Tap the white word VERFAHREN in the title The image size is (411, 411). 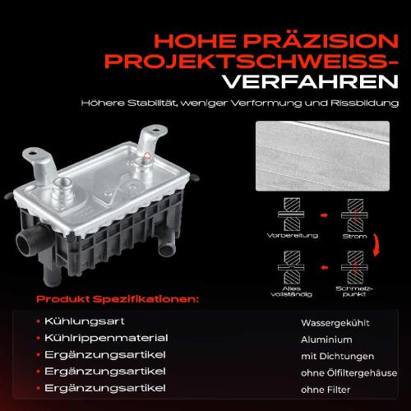pyautogui.click(x=316, y=83)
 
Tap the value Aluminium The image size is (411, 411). pyautogui.click(x=327, y=339)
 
